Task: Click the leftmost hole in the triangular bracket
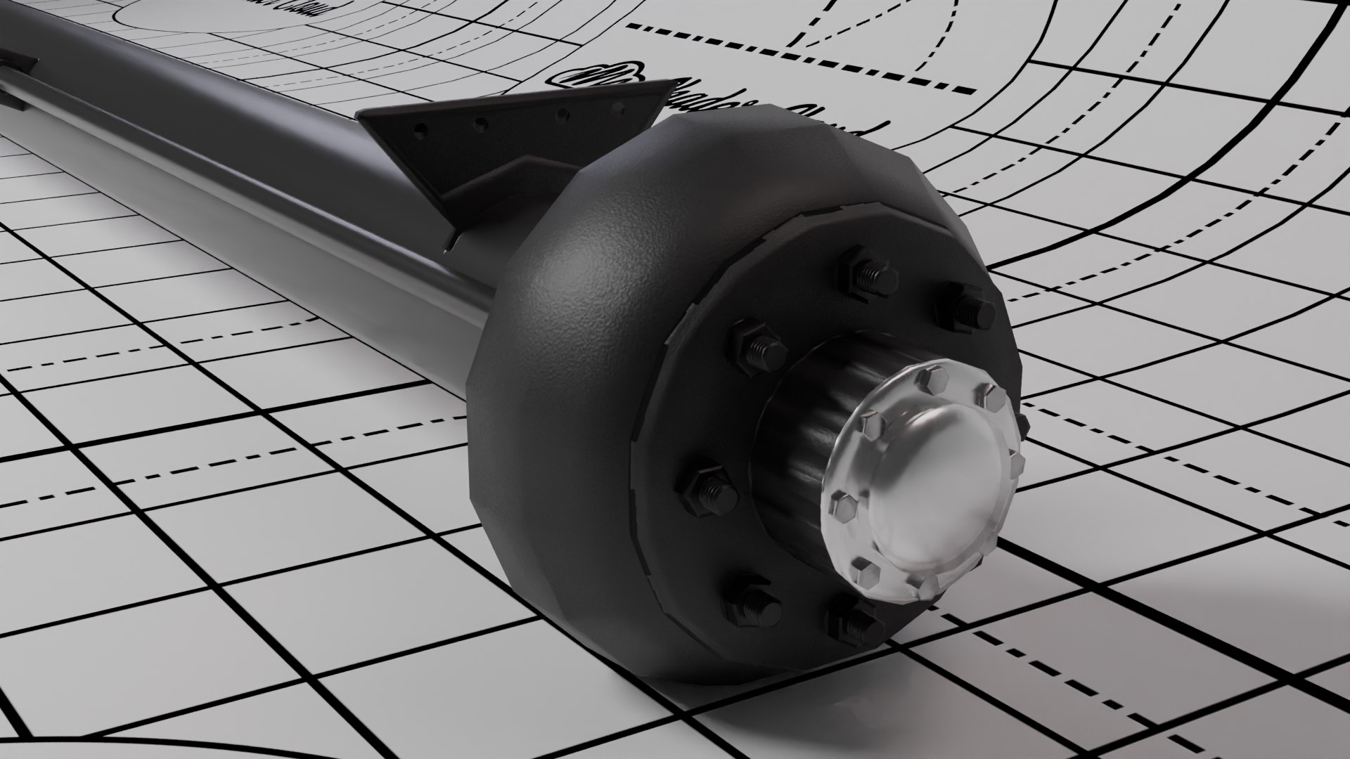[x=419, y=129]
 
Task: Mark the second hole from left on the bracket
[x=481, y=124]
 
